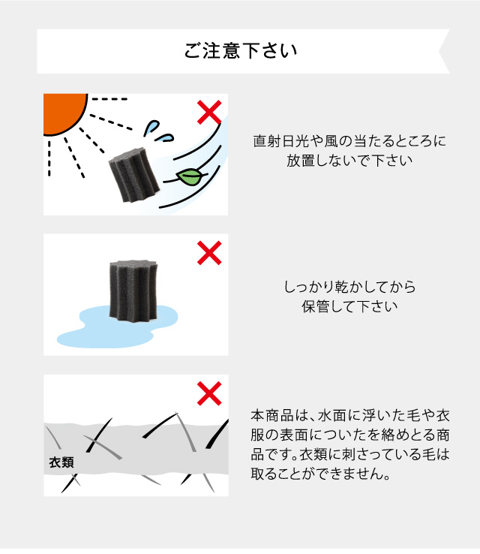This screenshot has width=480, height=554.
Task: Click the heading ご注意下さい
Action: click(x=240, y=50)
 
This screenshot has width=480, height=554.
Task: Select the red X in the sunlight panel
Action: click(x=209, y=113)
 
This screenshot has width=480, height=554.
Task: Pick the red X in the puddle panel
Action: click(x=209, y=253)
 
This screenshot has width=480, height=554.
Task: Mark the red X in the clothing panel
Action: click(x=209, y=393)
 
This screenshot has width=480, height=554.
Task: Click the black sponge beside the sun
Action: click(x=133, y=175)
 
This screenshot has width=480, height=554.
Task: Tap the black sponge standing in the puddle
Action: click(x=133, y=290)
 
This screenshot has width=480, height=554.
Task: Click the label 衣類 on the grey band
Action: click(x=61, y=462)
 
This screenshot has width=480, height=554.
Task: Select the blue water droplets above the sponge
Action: click(x=158, y=132)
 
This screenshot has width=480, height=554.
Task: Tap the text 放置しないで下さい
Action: click(x=349, y=161)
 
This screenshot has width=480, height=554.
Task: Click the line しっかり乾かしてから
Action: click(x=349, y=287)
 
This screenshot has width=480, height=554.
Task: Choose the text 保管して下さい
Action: click(x=349, y=306)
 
